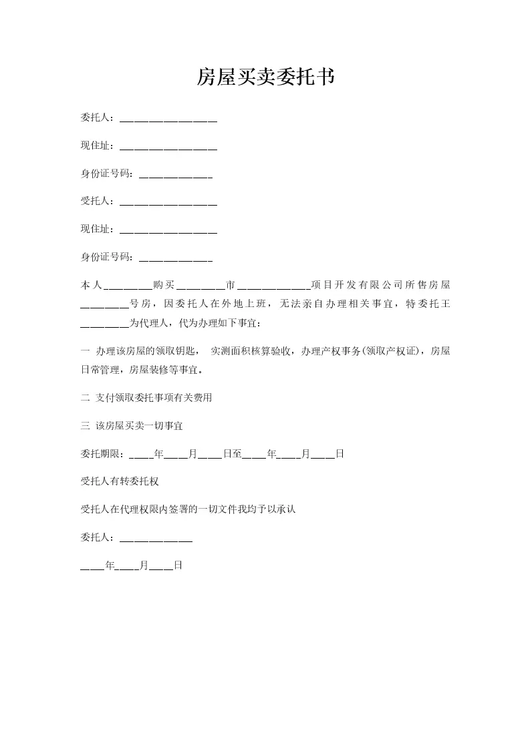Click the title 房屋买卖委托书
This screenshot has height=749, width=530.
[265, 78]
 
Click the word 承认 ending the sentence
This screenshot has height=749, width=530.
[286, 509]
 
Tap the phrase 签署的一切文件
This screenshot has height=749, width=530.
[205, 509]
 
